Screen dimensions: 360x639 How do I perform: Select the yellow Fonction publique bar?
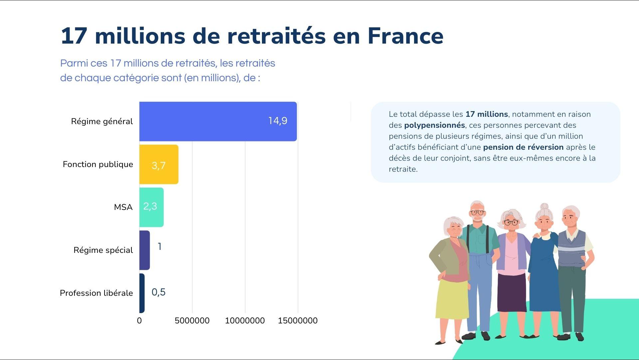coord(159,164)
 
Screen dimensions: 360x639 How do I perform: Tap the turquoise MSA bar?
coord(151,207)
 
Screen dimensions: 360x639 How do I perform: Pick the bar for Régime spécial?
coord(144,250)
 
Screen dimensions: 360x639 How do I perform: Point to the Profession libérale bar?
coord(142,293)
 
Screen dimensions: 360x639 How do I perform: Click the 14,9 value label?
coord(278,121)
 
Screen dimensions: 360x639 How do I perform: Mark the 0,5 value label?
coord(158,292)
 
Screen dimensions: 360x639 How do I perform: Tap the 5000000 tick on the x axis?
coord(192,321)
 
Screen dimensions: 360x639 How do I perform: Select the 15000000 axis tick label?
coord(298,321)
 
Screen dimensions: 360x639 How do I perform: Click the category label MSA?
coord(123,207)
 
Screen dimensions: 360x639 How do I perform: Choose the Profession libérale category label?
coord(96,293)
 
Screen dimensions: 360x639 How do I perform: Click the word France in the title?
coord(405,36)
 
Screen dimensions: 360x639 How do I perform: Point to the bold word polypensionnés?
coord(434,125)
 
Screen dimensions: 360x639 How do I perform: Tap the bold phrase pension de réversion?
coord(523,147)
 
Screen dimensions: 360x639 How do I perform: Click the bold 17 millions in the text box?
coord(487,114)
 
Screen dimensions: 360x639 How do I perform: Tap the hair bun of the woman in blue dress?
coord(544,207)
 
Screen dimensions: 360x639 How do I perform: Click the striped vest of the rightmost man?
coord(572,248)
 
